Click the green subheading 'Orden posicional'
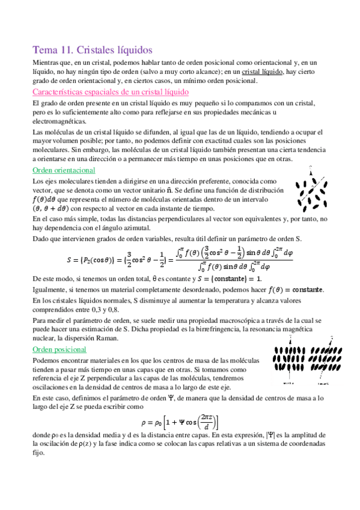(x=59, y=349)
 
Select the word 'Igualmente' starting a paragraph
(x=50, y=290)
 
